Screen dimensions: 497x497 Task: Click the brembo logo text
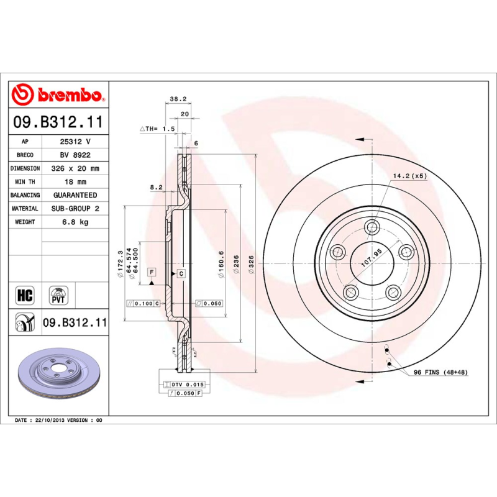point(67,95)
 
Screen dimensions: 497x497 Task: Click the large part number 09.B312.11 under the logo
point(58,123)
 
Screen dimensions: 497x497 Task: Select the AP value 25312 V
point(75,142)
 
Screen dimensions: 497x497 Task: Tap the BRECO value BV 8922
point(75,155)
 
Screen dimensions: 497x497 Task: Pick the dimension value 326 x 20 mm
point(75,168)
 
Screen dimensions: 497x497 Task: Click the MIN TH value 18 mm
point(75,181)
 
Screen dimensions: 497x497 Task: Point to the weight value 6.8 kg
point(75,222)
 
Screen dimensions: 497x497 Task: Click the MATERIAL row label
point(25,209)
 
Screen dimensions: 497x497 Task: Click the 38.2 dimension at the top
point(178,99)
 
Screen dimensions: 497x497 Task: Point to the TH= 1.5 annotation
point(158,129)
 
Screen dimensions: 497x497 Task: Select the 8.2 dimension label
point(156,186)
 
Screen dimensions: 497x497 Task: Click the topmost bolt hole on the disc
point(372,226)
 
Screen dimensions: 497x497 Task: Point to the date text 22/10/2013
point(50,421)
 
